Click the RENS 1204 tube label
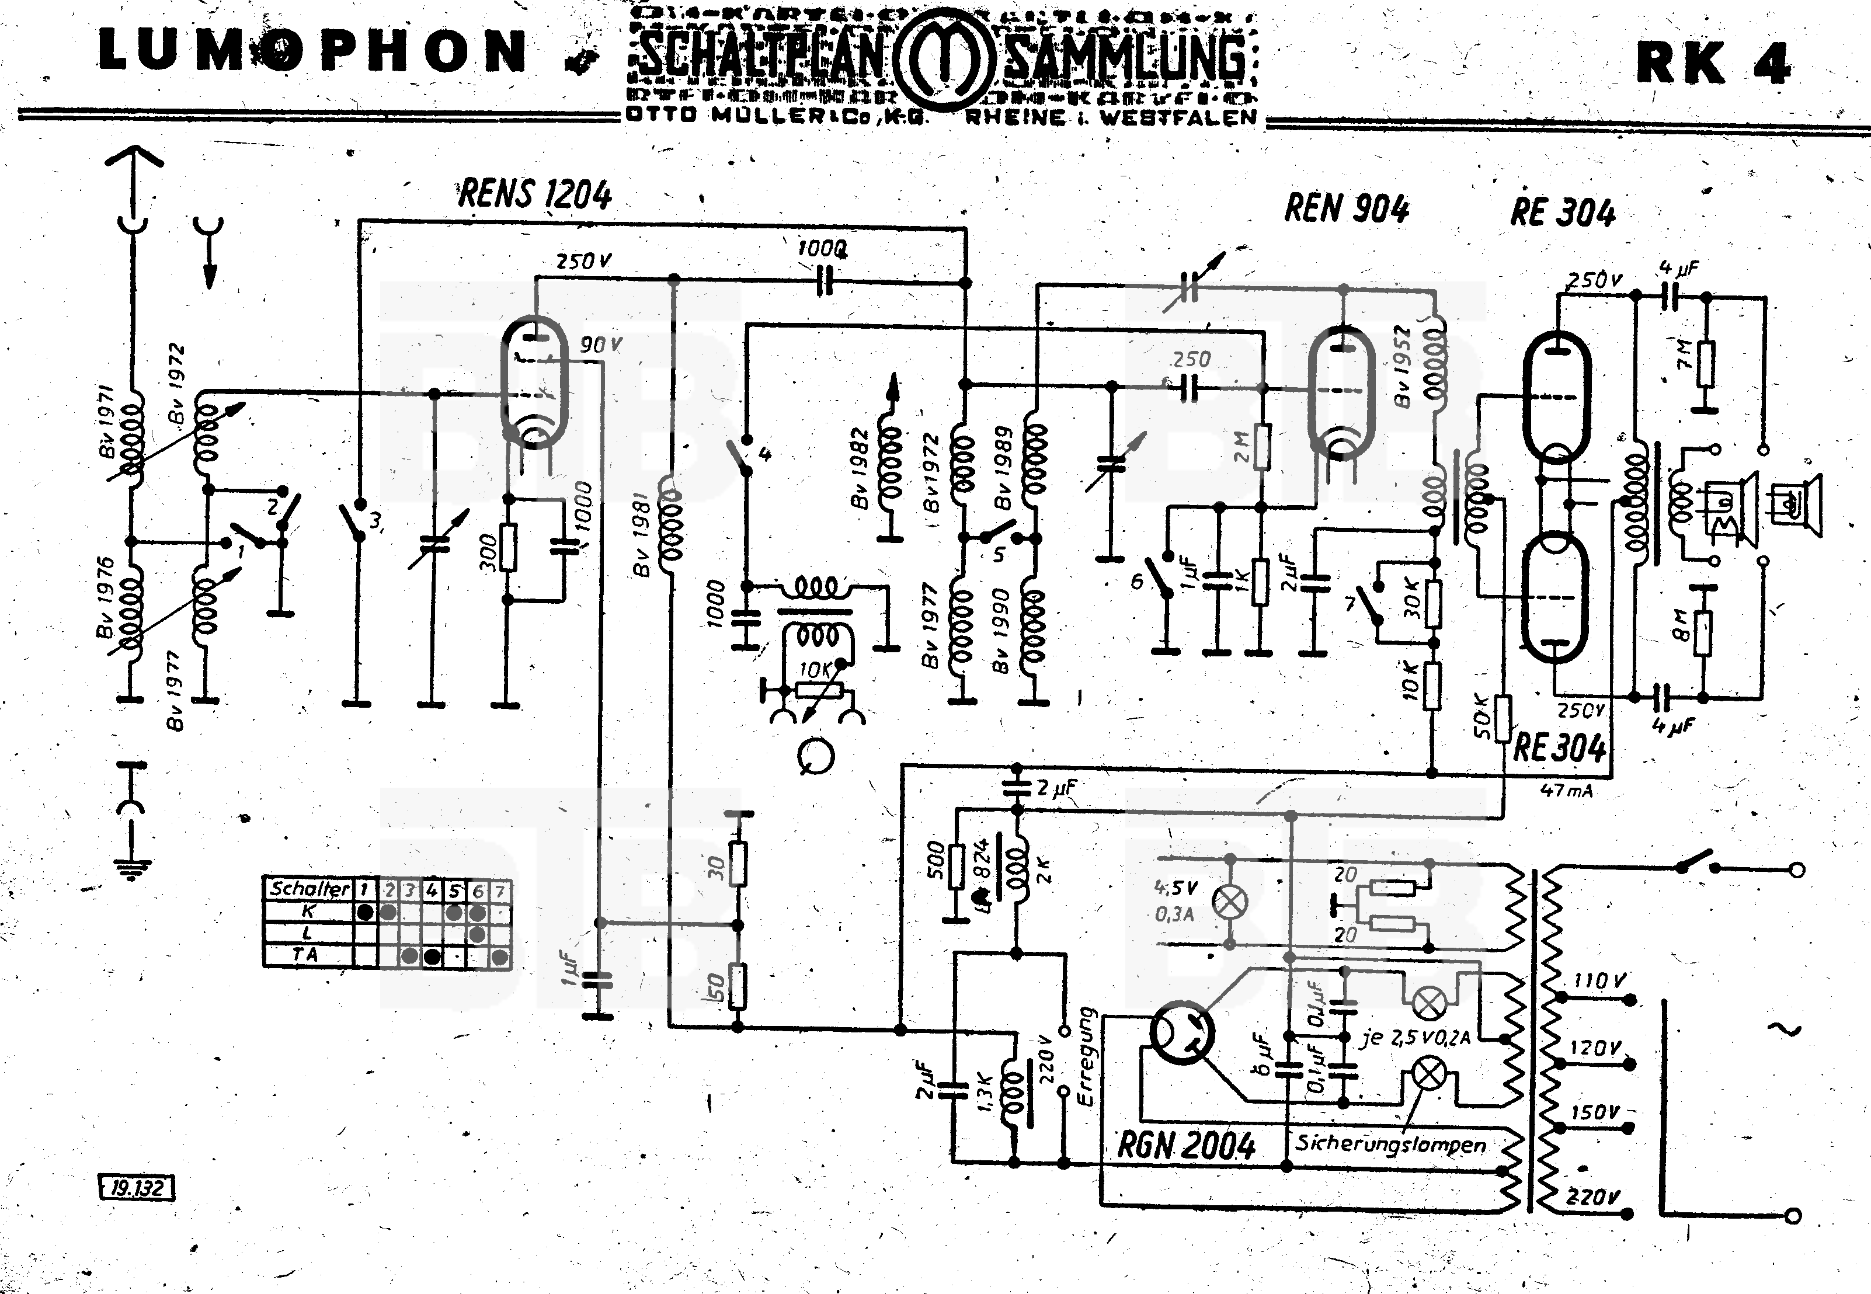pos(535,194)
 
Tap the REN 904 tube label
pos(1347,208)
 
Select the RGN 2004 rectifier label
pos(1186,1146)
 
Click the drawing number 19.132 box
pos(136,1188)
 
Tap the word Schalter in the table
pos(309,889)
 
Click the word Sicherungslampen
pos(1391,1144)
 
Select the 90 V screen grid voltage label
pos(600,345)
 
